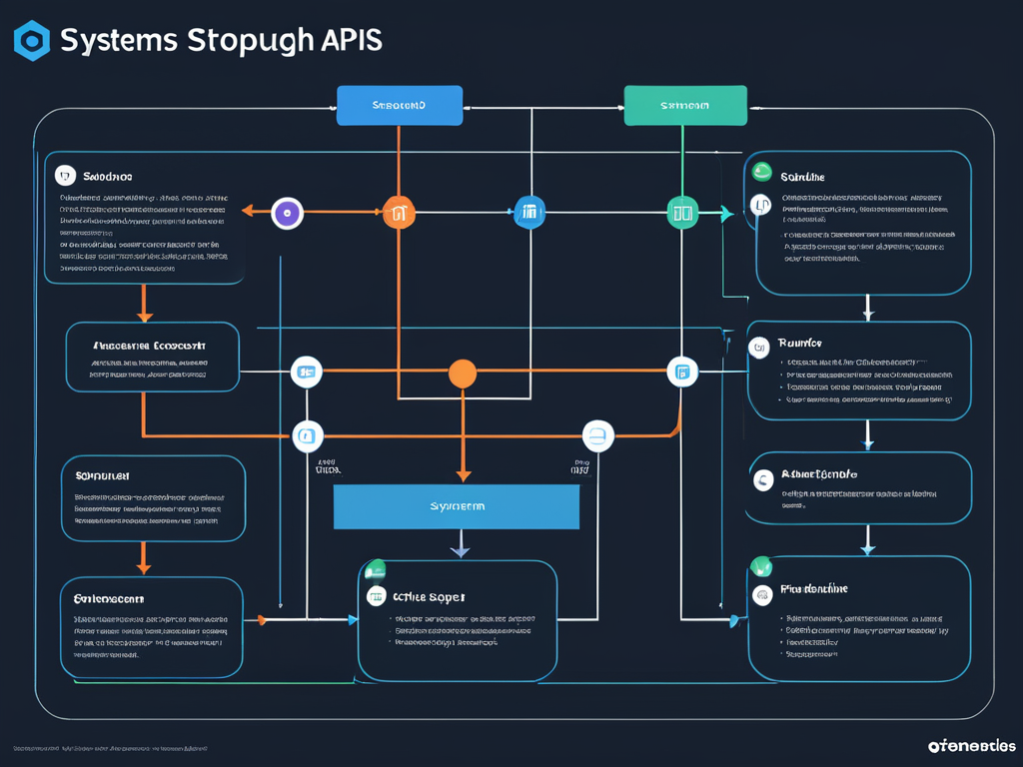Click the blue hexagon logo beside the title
tap(32, 41)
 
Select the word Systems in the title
tap(119, 41)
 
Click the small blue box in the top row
tap(400, 105)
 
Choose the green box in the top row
tap(685, 105)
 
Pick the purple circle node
tap(288, 212)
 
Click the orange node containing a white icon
tap(399, 212)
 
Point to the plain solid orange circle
tap(462, 374)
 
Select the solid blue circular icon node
tap(529, 212)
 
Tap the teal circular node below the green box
tap(682, 212)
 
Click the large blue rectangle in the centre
tap(457, 506)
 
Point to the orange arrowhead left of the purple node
tap(249, 212)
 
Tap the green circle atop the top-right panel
tap(762, 172)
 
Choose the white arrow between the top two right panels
tap(868, 314)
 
